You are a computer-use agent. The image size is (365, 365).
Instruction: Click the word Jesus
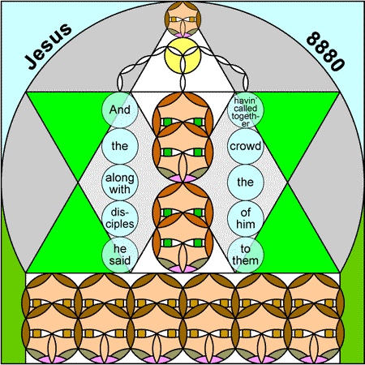point(49,46)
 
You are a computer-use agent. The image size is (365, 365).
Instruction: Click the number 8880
point(326,51)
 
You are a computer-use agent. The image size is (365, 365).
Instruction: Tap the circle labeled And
point(120,109)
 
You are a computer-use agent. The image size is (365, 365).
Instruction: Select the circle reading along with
point(120,182)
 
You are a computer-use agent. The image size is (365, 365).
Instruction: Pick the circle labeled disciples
point(120,219)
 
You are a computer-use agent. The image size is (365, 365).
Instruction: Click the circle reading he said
point(120,255)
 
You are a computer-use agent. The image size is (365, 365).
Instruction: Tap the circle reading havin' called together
point(246,109)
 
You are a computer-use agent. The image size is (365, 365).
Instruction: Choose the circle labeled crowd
point(246,146)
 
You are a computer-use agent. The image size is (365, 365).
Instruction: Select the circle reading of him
point(246,219)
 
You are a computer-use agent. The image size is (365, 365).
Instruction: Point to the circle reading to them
point(246,255)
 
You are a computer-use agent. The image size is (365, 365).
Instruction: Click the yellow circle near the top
point(182,55)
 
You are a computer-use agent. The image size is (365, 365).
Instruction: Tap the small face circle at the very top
point(182,19)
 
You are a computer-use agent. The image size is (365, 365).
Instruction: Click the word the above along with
point(120,146)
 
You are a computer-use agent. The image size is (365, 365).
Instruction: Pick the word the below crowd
point(246,182)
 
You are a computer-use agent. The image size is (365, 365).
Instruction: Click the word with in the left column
point(120,189)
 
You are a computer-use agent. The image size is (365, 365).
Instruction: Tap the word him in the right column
point(246,224)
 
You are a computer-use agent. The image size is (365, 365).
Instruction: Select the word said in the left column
point(120,260)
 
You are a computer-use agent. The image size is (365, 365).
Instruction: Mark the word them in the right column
point(246,260)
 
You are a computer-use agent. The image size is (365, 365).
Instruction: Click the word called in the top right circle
point(246,109)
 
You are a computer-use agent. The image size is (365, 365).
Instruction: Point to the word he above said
point(120,249)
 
